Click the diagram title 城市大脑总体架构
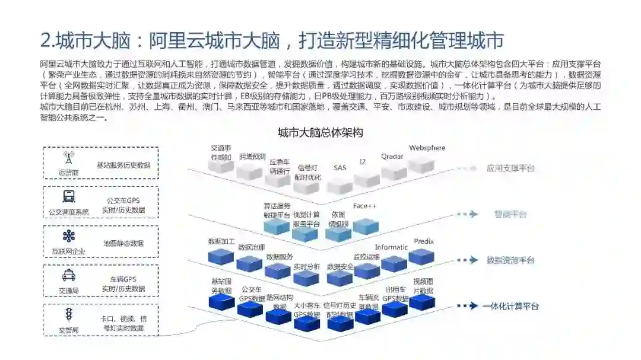click(x=320, y=132)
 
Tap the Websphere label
click(x=427, y=148)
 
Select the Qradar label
click(x=392, y=157)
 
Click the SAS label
click(x=339, y=168)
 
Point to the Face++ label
click(x=365, y=206)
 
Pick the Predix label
click(x=424, y=241)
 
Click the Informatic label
click(x=391, y=247)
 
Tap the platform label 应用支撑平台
click(x=510, y=168)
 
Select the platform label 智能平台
click(x=510, y=214)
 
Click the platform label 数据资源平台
click(x=510, y=260)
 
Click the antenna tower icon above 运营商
click(x=69, y=158)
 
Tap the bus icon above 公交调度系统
click(x=69, y=197)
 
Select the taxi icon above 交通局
click(x=69, y=275)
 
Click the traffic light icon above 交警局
click(x=69, y=314)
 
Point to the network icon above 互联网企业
click(x=69, y=237)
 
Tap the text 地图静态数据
click(x=123, y=243)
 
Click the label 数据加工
click(x=221, y=242)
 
